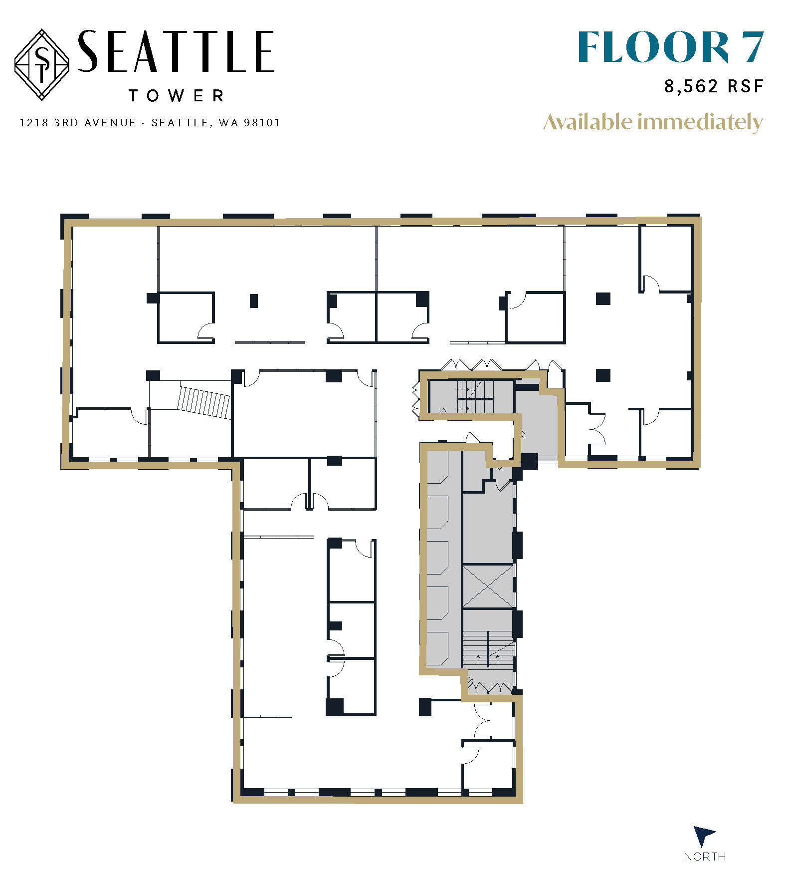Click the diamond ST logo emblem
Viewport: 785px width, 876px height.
[42, 64]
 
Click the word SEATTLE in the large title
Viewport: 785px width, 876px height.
[176, 51]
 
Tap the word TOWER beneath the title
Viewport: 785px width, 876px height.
[176, 96]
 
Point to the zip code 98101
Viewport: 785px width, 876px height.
[262, 123]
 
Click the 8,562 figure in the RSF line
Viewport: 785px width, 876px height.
[691, 86]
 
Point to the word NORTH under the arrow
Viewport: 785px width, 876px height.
[705, 857]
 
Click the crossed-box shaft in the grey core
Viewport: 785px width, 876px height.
[488, 586]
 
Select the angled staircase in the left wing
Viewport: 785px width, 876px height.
[204, 400]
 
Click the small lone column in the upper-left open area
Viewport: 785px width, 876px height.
[254, 300]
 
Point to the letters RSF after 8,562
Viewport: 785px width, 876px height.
[745, 86]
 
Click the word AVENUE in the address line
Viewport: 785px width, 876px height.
[110, 123]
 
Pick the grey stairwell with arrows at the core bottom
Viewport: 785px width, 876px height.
[488, 649]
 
